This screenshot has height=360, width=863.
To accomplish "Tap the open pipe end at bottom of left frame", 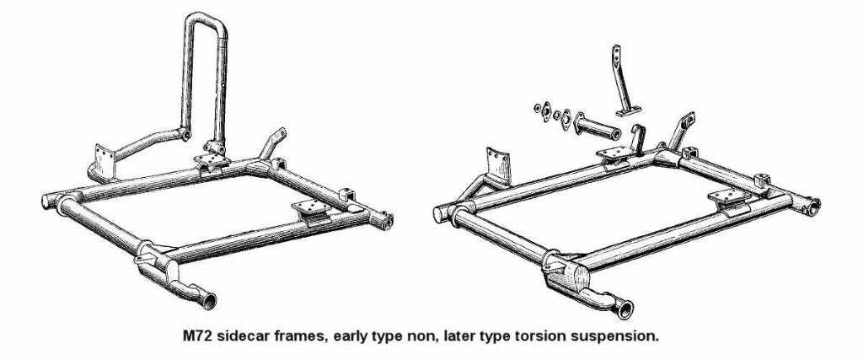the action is tap(209, 301).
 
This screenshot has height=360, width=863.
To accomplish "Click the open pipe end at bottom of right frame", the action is tap(625, 309).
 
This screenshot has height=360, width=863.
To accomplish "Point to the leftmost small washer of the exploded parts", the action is tap(538, 107).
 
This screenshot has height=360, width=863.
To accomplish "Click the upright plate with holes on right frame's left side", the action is tap(497, 165).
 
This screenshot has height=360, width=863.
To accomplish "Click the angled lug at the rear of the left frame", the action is tap(274, 142).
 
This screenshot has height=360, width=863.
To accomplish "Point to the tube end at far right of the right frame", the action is tap(813, 206).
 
